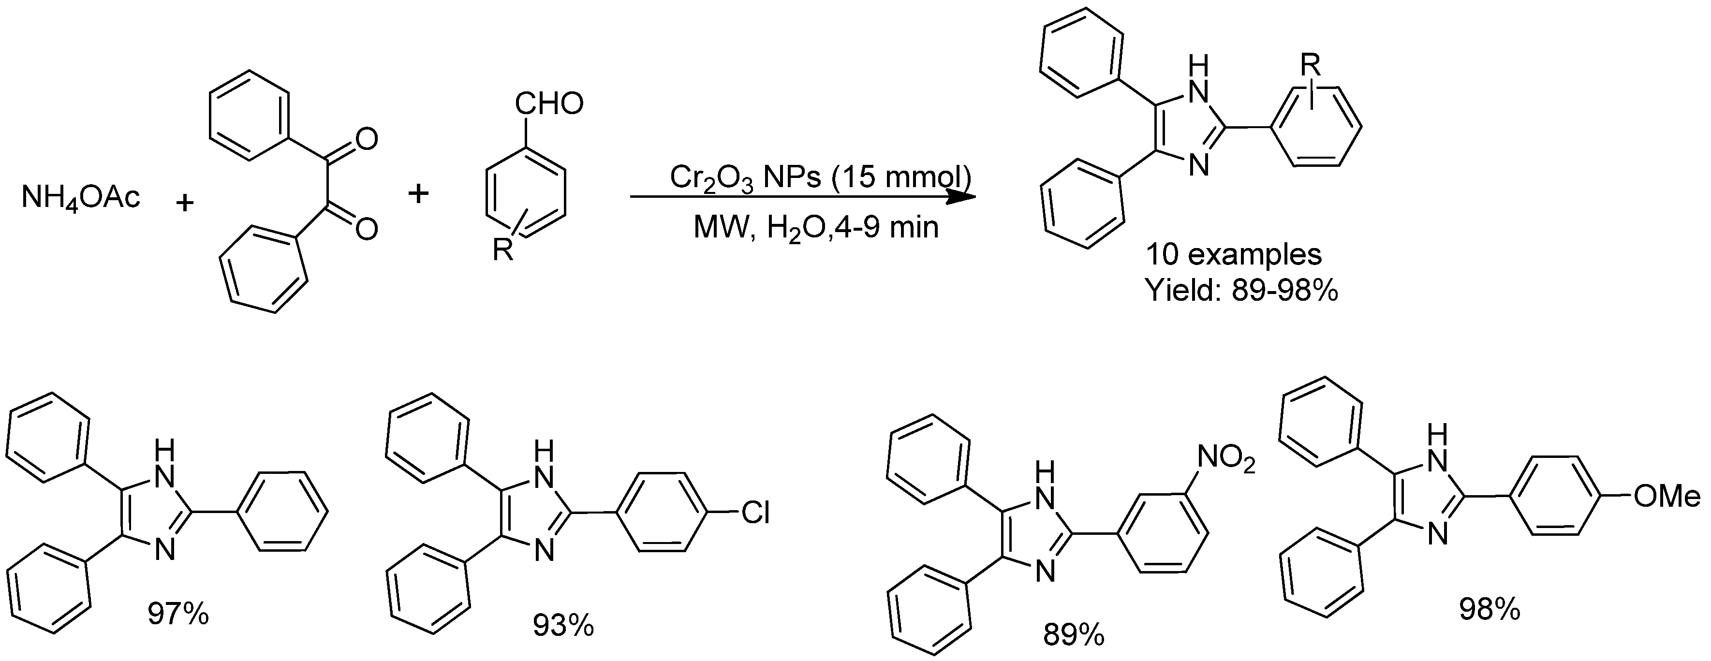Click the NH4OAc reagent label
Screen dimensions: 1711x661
coord(81,198)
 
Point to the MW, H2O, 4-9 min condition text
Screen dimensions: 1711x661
coord(816,228)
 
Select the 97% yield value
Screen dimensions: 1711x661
coord(178,615)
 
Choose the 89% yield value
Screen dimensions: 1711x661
coord(1073,636)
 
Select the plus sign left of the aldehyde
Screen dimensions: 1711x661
coord(418,194)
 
